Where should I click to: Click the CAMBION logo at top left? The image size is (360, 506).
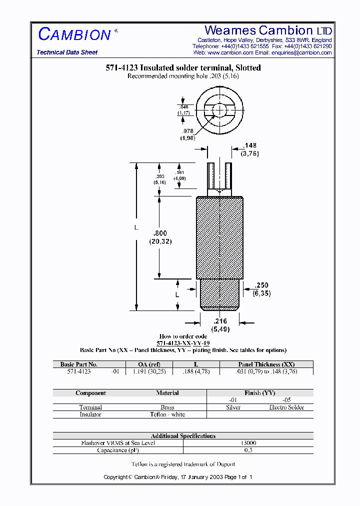pos(75,34)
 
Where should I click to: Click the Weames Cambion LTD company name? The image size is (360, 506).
pos(268,30)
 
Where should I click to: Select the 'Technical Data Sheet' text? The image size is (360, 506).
pos(67,52)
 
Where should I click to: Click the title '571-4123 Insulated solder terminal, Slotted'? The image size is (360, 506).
pos(183,68)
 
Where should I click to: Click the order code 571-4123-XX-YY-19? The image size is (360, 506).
pos(183,343)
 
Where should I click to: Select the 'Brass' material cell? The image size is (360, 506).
pos(167,407)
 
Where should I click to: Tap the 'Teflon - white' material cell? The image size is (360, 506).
pos(167,414)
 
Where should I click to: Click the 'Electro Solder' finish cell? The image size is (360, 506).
pos(286,407)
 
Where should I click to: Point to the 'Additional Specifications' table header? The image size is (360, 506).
pos(183,436)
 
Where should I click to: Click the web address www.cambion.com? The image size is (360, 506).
pos(230,52)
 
